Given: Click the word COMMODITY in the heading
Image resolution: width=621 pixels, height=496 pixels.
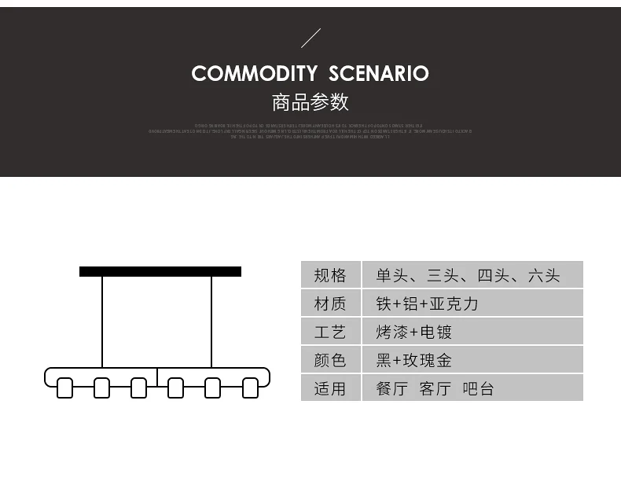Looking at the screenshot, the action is coord(254,74).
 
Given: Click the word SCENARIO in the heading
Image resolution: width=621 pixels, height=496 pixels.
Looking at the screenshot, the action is coord(379,74).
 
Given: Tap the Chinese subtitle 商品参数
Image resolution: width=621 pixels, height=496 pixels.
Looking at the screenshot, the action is coord(310,102).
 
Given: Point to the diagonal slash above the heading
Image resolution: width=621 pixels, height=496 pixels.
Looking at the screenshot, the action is coord(311,38).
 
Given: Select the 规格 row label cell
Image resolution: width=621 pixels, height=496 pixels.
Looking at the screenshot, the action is coord(330,275).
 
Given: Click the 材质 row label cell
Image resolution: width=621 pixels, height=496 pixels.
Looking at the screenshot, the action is coord(330,303).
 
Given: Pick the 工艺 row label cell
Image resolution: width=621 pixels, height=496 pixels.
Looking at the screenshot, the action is coord(330,332).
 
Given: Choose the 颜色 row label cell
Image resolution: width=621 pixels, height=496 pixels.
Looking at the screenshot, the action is coord(330,360).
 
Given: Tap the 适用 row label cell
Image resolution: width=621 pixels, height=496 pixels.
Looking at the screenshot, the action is coord(330,388).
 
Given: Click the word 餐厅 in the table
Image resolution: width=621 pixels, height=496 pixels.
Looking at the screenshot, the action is coord(391,388).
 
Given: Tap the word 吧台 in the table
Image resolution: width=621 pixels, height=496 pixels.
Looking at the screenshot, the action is coord(478,388).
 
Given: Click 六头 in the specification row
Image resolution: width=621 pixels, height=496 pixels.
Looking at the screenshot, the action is coord(544,275).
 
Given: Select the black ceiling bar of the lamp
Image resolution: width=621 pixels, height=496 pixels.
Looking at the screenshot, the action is coord(160,272).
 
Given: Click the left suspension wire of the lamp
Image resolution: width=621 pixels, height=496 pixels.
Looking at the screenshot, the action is coord(102,322).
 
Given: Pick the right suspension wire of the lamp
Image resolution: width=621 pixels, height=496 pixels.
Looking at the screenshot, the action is coord(211,322).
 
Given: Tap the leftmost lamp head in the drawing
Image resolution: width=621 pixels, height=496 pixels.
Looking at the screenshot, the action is coord(64,388).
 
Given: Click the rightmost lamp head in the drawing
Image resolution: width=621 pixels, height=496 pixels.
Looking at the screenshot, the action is coord(250,388).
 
